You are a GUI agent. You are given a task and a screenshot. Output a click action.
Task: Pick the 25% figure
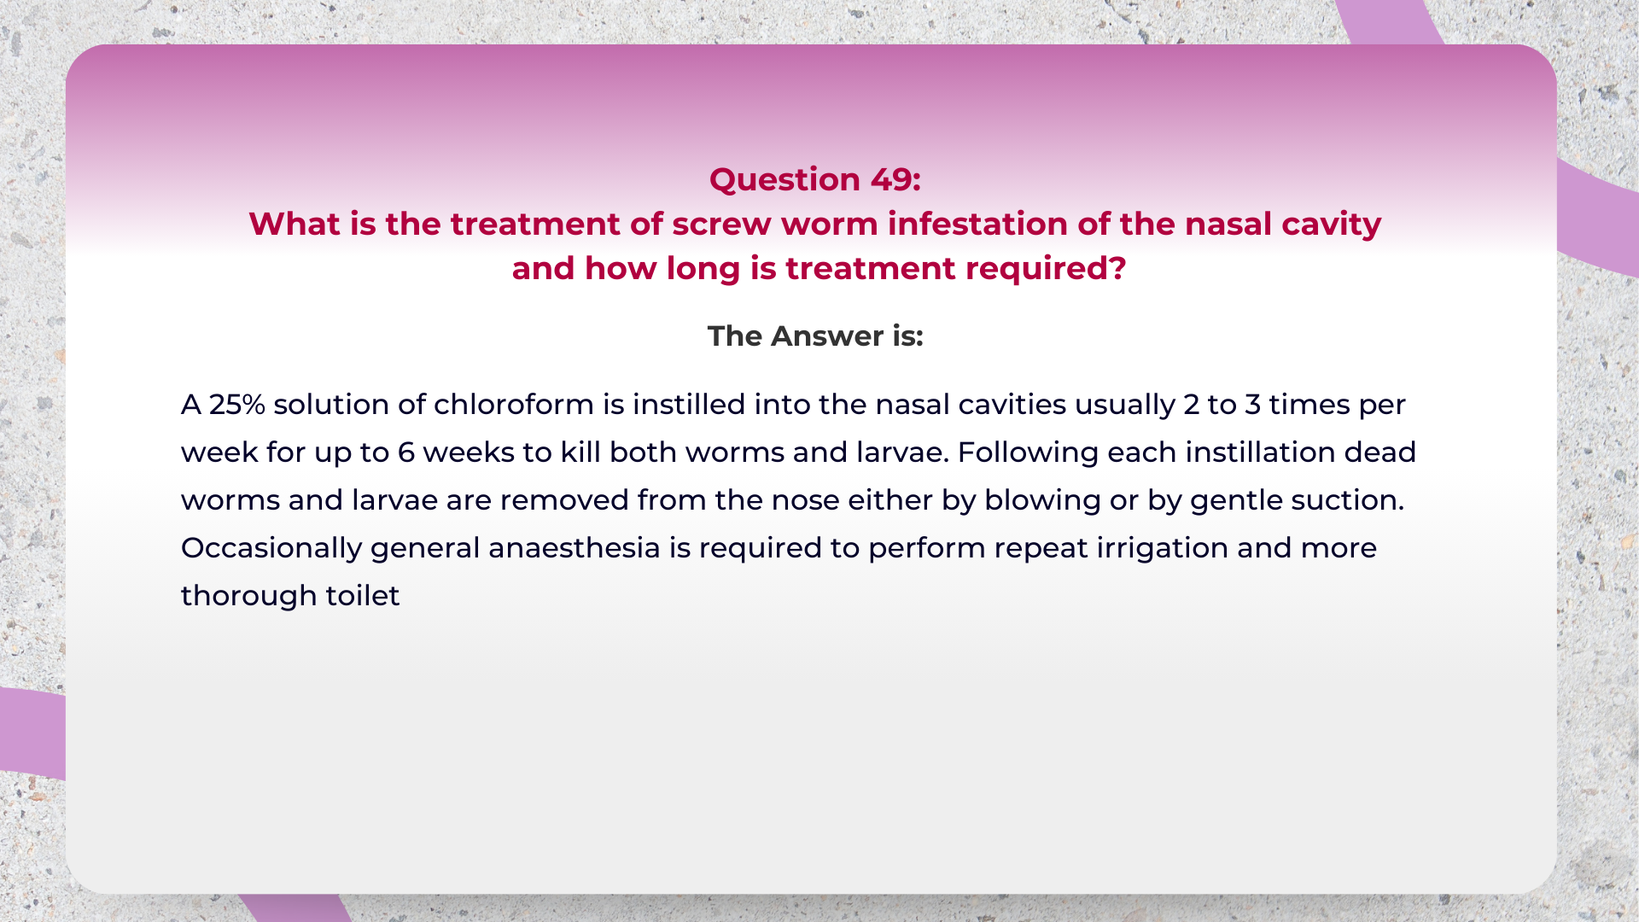(236, 404)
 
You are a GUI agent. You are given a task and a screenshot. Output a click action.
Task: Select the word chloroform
(514, 404)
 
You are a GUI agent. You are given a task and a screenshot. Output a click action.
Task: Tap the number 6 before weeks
(406, 452)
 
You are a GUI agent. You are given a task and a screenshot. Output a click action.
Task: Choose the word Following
(1028, 453)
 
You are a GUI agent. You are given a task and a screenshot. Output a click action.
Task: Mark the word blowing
(1042, 501)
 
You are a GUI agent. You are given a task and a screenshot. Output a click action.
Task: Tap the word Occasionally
(271, 549)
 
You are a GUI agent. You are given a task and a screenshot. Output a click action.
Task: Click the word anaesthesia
(575, 547)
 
